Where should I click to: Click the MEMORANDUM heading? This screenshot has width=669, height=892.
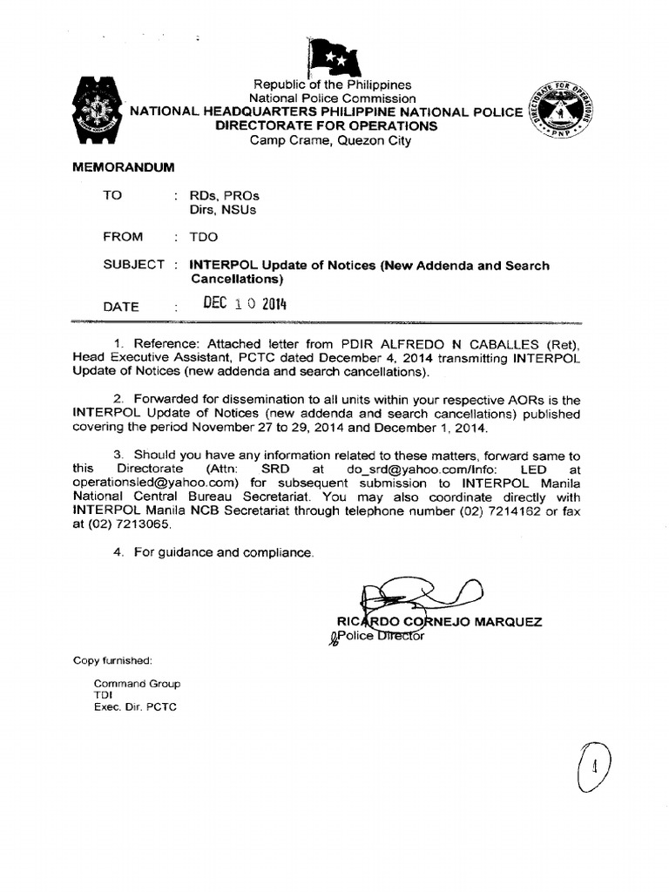pyautogui.click(x=123, y=166)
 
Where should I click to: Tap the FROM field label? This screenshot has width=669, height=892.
pyautogui.click(x=123, y=236)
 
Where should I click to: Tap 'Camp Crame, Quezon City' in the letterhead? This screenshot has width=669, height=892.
pyautogui.click(x=331, y=140)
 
